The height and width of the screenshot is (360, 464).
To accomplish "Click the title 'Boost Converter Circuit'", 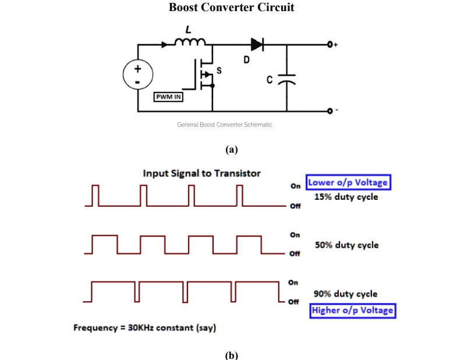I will click(x=232, y=8).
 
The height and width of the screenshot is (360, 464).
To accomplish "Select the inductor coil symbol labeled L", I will click(x=190, y=42).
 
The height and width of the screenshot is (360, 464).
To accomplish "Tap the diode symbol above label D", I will click(x=257, y=44).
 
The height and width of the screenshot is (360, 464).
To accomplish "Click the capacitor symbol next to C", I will click(x=286, y=79).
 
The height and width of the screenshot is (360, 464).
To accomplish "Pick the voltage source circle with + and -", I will click(x=137, y=76).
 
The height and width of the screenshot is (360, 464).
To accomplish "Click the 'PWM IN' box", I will click(x=169, y=97).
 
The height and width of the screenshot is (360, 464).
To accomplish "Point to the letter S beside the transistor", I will click(x=219, y=71).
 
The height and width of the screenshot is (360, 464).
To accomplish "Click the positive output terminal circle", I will click(x=330, y=44).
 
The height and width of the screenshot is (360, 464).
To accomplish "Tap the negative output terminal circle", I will click(x=330, y=111).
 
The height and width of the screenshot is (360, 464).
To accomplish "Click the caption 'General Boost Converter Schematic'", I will click(x=225, y=125).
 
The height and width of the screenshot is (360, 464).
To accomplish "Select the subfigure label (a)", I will click(x=232, y=149).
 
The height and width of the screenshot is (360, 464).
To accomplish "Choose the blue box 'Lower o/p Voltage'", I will click(x=348, y=182).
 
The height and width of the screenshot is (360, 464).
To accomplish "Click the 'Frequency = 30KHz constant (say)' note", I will click(x=144, y=327).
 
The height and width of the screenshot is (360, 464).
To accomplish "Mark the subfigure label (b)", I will click(x=232, y=354).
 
